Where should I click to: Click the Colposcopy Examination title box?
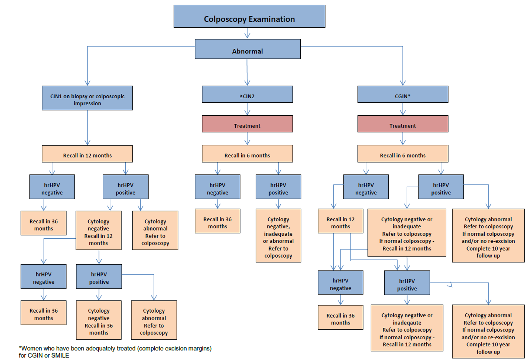click(249, 17)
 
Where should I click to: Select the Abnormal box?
click(248, 49)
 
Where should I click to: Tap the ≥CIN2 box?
click(247, 95)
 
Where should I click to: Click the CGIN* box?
click(403, 95)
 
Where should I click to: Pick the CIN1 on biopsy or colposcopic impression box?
click(87, 98)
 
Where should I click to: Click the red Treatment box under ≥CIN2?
click(247, 124)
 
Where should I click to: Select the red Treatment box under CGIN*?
click(403, 124)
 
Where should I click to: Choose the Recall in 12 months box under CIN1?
click(87, 154)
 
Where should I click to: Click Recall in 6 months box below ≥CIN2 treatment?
click(247, 154)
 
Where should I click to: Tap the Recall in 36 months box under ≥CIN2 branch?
click(218, 221)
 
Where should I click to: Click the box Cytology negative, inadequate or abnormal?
click(278, 236)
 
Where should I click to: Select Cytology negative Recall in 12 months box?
click(98, 231)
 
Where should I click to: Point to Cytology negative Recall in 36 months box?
click(99, 320)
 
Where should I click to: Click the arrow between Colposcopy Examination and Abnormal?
click(248, 34)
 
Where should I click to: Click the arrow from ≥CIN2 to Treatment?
click(247, 109)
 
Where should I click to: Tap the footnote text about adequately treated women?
click(115, 352)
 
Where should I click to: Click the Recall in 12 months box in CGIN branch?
click(340, 221)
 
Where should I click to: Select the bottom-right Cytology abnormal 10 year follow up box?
click(488, 331)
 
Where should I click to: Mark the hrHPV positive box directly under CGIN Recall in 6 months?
click(441, 187)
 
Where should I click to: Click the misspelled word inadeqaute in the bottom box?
click(407, 323)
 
